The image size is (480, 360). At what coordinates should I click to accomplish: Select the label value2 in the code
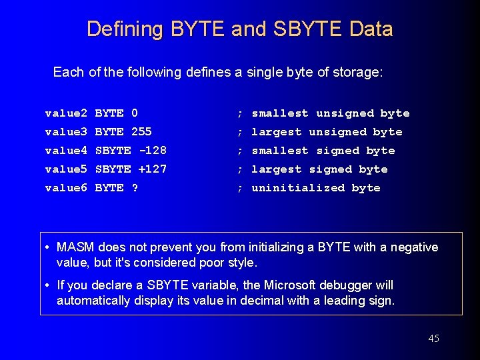coord(66,113)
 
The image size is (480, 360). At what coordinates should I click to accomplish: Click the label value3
coord(66,132)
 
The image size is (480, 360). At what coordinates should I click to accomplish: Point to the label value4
coord(66,151)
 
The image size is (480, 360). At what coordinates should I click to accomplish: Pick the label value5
coord(66,169)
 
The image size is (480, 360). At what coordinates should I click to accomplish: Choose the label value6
coord(66,188)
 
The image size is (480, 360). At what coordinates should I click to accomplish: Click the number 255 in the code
coord(142,132)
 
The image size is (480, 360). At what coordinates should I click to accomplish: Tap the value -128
coord(153,151)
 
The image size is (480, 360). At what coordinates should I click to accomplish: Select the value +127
coord(153,169)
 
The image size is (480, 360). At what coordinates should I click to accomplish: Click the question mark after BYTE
coord(135,188)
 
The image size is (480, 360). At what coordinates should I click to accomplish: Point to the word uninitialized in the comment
coord(298,188)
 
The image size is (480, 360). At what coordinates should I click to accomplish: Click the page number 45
coord(433,339)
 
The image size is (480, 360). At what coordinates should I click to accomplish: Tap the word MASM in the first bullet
coord(75,247)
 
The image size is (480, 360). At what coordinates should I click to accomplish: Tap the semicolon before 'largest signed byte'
coord(239,169)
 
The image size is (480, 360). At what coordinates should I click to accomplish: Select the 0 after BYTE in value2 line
coord(135,113)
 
